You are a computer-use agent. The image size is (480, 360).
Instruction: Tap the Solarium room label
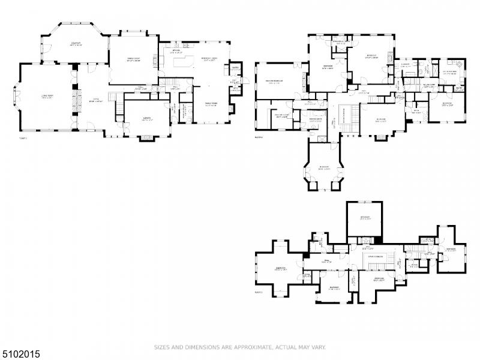click(76, 44)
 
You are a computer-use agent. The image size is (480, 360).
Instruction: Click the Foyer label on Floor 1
click(95, 101)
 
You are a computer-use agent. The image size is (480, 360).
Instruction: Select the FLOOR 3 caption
click(260, 292)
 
